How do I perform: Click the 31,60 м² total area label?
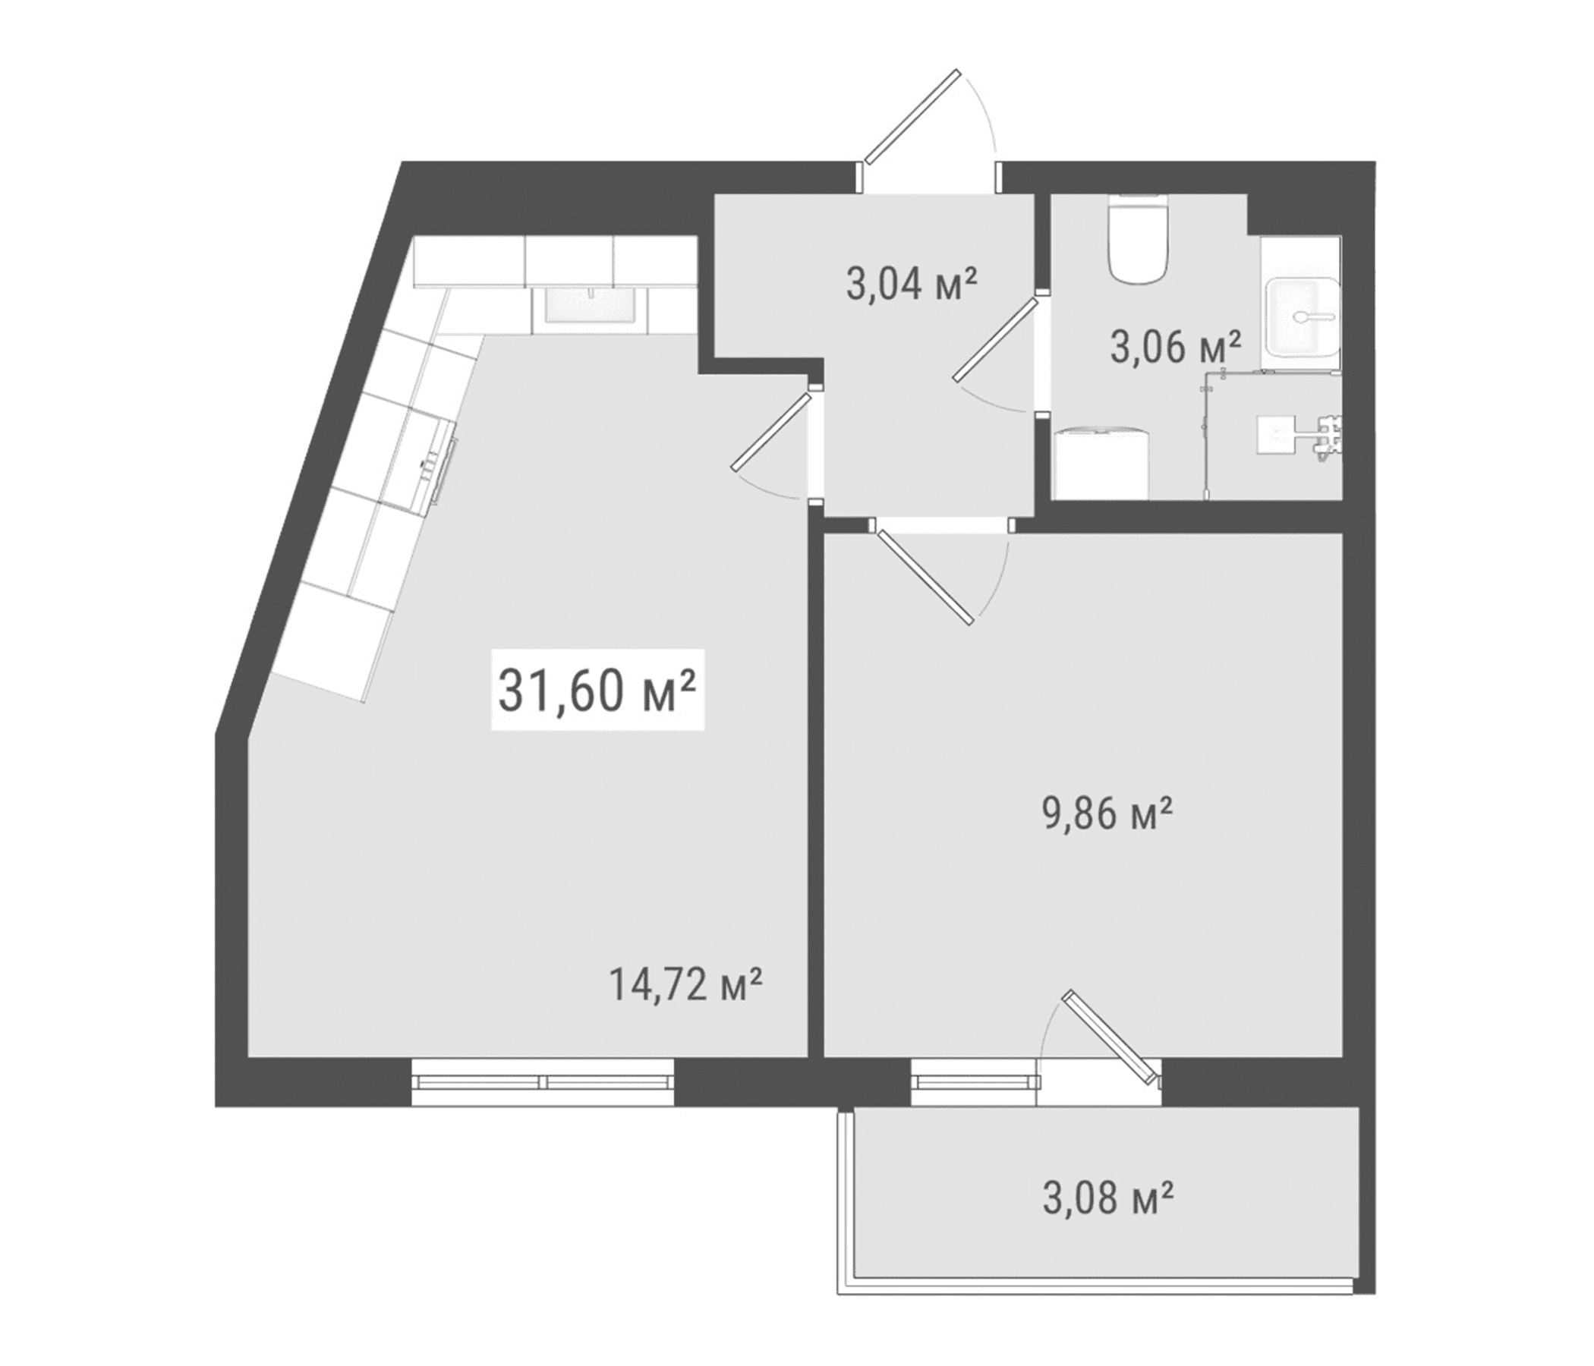pos(597,691)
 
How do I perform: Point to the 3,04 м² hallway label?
pos(912,284)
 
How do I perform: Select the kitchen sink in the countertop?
pos(591,305)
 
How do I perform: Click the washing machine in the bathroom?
pos(1100,465)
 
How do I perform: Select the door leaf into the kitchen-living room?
pos(772,432)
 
